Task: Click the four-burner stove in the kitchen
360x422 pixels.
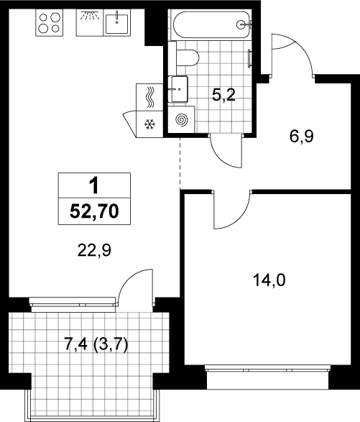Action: pyautogui.click(x=49, y=22)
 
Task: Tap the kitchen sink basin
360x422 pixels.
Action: pyautogui.click(x=116, y=24)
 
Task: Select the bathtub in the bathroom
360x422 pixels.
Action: pyautogui.click(x=212, y=24)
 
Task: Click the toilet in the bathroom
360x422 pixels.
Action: pyautogui.click(x=188, y=58)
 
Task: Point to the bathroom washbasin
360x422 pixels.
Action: pyautogui.click(x=178, y=89)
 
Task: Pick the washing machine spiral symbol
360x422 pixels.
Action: pyautogui.click(x=182, y=119)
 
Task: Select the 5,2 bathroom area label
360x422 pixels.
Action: pyautogui.click(x=223, y=96)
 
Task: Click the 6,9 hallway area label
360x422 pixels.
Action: pyautogui.click(x=302, y=137)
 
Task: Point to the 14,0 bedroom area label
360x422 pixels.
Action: pyautogui.click(x=269, y=280)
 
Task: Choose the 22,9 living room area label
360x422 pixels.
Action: pyautogui.click(x=94, y=251)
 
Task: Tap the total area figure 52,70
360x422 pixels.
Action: pyautogui.click(x=94, y=211)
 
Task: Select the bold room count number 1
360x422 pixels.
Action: pyautogui.click(x=94, y=186)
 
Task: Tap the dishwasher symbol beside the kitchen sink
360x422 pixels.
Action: pyautogui.click(x=90, y=22)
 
